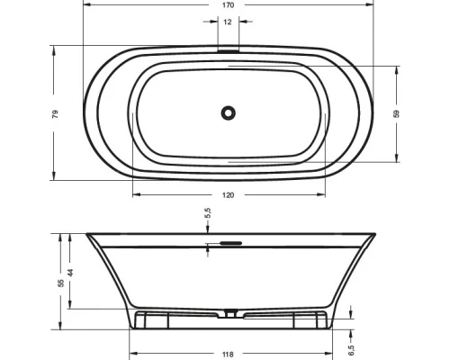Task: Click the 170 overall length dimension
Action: (x=228, y=5)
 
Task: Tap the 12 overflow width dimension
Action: (x=228, y=22)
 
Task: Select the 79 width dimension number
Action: (x=55, y=114)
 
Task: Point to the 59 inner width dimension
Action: (x=396, y=114)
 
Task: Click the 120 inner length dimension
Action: (x=228, y=195)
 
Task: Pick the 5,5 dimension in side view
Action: (x=209, y=213)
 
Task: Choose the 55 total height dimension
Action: (x=61, y=283)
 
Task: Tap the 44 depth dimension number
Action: (x=70, y=273)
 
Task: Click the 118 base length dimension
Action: (x=228, y=355)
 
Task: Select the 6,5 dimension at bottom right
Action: (x=351, y=350)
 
